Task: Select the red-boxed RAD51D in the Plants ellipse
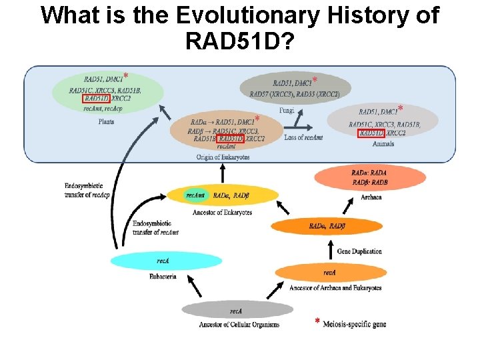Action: click(x=97, y=99)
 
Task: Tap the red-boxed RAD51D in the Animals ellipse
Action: click(x=371, y=133)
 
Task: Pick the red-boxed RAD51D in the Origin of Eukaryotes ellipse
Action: click(x=231, y=139)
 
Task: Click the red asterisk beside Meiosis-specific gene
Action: click(x=317, y=322)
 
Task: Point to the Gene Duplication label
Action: click(x=359, y=251)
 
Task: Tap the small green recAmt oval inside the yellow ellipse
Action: click(x=195, y=195)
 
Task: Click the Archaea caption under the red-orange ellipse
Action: click(x=370, y=197)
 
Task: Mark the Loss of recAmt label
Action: click(x=304, y=138)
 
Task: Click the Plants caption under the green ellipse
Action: click(x=106, y=121)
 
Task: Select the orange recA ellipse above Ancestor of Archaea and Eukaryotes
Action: click(x=330, y=273)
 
